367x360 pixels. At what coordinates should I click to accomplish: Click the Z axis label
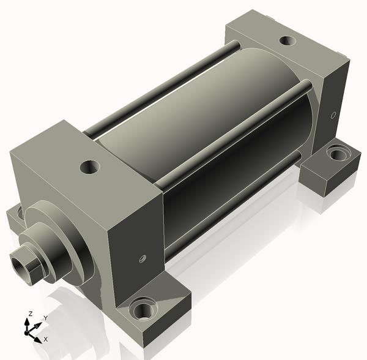pyautogui.click(x=30, y=314)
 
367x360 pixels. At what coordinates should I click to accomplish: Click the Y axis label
pyautogui.click(x=46, y=318)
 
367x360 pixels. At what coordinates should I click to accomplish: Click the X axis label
pyautogui.click(x=46, y=339)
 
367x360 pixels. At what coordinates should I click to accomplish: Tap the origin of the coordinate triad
pyautogui.click(x=26, y=332)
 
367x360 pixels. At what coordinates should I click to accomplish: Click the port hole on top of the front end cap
pyautogui.click(x=90, y=167)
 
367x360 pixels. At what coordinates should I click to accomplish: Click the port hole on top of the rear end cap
pyautogui.click(x=287, y=40)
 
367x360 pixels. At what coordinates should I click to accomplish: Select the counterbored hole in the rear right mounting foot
pyautogui.click(x=338, y=154)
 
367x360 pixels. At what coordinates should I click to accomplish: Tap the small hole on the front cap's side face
pyautogui.click(x=143, y=259)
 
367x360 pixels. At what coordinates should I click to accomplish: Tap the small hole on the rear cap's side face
pyautogui.click(x=333, y=115)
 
